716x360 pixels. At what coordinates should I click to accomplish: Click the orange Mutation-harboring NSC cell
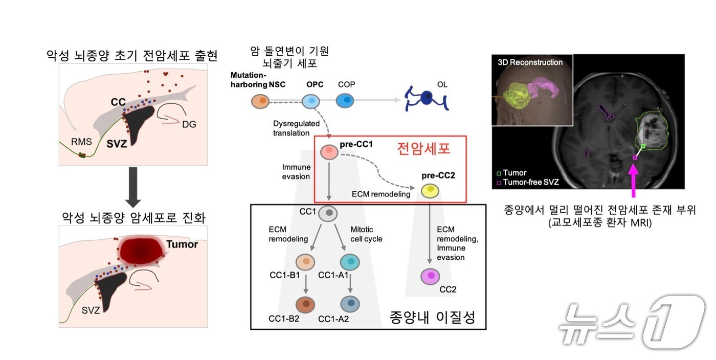260,101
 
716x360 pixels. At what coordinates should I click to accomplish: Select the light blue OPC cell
311,101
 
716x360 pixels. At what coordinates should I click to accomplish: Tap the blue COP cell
345,101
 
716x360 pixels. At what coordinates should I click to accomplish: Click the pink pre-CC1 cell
329,151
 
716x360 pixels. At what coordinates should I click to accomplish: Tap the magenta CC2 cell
430,277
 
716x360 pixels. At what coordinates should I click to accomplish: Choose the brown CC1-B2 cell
305,304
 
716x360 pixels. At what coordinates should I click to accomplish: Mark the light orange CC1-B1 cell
305,262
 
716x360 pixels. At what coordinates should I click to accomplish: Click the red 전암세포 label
424,149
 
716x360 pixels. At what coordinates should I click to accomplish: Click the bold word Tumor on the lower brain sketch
182,244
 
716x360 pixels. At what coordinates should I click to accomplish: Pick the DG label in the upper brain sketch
190,124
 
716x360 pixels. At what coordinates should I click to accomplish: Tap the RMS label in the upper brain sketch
81,142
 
